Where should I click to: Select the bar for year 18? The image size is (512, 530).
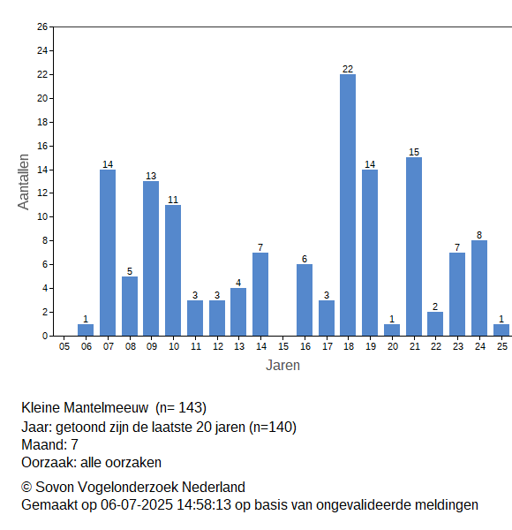[348, 205]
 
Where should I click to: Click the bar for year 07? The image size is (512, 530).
[108, 253]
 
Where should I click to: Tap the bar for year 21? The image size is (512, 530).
[414, 246]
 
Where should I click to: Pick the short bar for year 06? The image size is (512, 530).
[86, 329]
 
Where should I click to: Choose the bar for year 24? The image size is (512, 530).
[479, 288]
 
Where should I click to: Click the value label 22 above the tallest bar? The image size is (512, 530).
[348, 69]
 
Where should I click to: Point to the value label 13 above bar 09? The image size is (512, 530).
[151, 176]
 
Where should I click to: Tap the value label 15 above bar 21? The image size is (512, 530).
[414, 152]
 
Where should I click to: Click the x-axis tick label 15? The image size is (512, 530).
[283, 346]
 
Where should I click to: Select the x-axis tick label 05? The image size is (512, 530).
[64, 346]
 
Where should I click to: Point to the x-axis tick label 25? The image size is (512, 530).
[502, 346]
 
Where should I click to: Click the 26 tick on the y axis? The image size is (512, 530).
[42, 26]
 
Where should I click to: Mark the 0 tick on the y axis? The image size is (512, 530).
[45, 336]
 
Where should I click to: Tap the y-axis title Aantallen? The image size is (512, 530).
[24, 182]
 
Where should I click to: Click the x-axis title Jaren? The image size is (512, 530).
[282, 366]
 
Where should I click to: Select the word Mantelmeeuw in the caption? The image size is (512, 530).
[106, 407]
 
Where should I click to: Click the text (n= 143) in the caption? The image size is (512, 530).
[181, 408]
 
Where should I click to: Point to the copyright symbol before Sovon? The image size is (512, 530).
[26, 488]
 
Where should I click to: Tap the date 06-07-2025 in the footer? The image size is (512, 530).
[137, 505]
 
